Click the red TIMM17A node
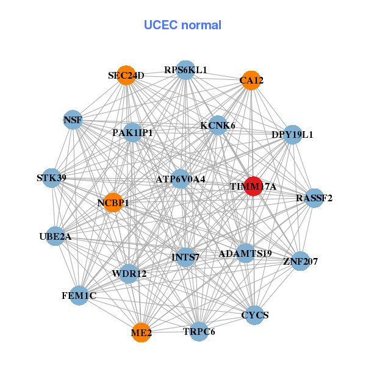pyautogui.click(x=253, y=186)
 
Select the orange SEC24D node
pyautogui.click(x=126, y=76)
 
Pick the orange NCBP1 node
pyautogui.click(x=113, y=203)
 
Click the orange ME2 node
pyautogui.click(x=142, y=332)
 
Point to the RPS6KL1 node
pyautogui.click(x=185, y=70)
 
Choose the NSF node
pyautogui.click(x=73, y=120)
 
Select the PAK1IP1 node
pyautogui.click(x=132, y=132)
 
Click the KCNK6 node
pyautogui.click(x=218, y=126)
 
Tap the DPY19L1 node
pyautogui.click(x=293, y=135)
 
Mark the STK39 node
pyautogui.click(x=52, y=178)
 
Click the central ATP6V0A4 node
pyautogui.click(x=181, y=179)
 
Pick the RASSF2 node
pyautogui.click(x=314, y=198)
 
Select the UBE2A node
pyautogui.click(x=56, y=236)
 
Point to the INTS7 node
pyautogui.click(x=185, y=257)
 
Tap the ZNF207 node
pyautogui.click(x=300, y=262)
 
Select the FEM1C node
pyautogui.click(x=79, y=296)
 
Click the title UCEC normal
pyautogui.click(x=182, y=25)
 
